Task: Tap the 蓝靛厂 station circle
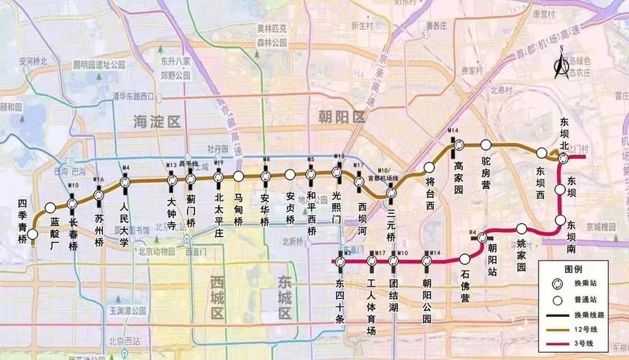tap(50, 208)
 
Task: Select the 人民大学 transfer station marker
tap(125, 183)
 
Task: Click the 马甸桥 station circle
tap(238, 176)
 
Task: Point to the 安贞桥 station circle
tap(290, 174)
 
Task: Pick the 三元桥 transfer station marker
tap(392, 193)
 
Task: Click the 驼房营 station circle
tap(486, 145)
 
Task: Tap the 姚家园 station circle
tap(522, 229)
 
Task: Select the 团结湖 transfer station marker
tap(394, 260)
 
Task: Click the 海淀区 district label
tap(156, 122)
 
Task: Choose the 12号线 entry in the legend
tap(583, 329)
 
